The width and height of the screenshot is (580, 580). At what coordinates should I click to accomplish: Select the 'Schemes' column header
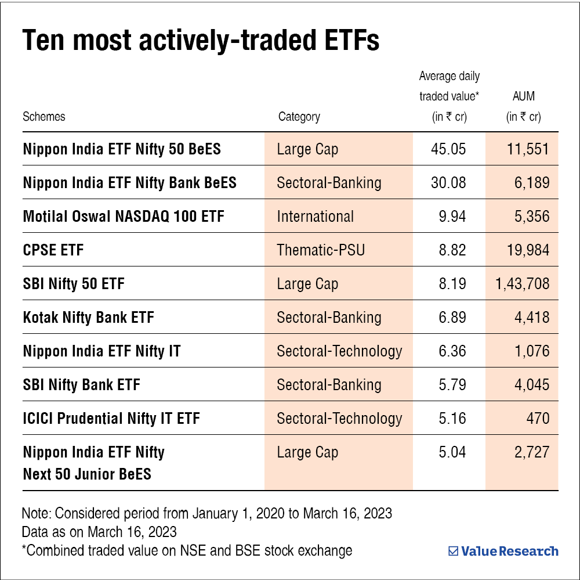pyautogui.click(x=44, y=116)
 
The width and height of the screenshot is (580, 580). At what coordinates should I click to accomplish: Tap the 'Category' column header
pyautogui.click(x=299, y=116)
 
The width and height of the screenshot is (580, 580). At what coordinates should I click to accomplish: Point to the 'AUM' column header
pyautogui.click(x=524, y=96)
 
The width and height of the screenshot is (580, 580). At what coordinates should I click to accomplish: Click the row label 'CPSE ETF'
pyautogui.click(x=53, y=250)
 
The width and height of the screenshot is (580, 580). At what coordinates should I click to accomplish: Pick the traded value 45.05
pyautogui.click(x=448, y=149)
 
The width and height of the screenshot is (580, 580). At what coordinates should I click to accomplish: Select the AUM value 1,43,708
pyautogui.click(x=523, y=284)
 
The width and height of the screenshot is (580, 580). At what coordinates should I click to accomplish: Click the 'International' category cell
pyautogui.click(x=315, y=217)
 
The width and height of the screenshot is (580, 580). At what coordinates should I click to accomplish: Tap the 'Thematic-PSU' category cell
pyautogui.click(x=321, y=250)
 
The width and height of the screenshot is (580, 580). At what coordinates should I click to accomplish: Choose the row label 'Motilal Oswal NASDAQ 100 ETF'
pyautogui.click(x=124, y=217)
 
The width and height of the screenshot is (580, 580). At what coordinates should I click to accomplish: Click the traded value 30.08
pyautogui.click(x=448, y=183)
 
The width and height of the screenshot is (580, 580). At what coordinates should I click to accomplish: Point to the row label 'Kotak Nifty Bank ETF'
pyautogui.click(x=89, y=318)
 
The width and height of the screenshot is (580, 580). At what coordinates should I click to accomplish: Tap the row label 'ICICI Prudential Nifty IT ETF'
pyautogui.click(x=111, y=419)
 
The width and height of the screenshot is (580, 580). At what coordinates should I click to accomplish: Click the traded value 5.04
pyautogui.click(x=452, y=452)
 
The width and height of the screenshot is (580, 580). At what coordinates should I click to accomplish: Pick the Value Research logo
pyautogui.click(x=503, y=551)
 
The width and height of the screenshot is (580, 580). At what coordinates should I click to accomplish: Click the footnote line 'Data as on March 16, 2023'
pyautogui.click(x=99, y=532)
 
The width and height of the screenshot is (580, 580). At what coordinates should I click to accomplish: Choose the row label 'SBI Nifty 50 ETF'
pyautogui.click(x=74, y=284)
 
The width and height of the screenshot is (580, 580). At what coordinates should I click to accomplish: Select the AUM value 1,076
pyautogui.click(x=530, y=351)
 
